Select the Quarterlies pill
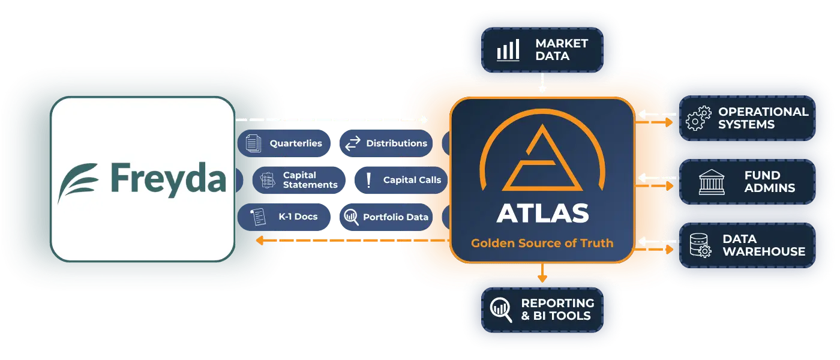tap(286, 143)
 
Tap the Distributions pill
tap(386, 143)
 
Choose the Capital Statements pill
tap(298, 180)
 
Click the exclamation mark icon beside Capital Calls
tap(368, 180)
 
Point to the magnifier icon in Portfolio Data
tap(352, 217)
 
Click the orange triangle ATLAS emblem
tap(542, 159)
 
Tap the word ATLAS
tap(542, 214)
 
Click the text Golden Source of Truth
tap(542, 243)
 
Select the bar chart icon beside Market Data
tap(508, 50)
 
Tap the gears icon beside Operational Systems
tap(697, 118)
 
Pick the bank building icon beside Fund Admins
tap(712, 182)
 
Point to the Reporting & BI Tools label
tap(557, 309)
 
